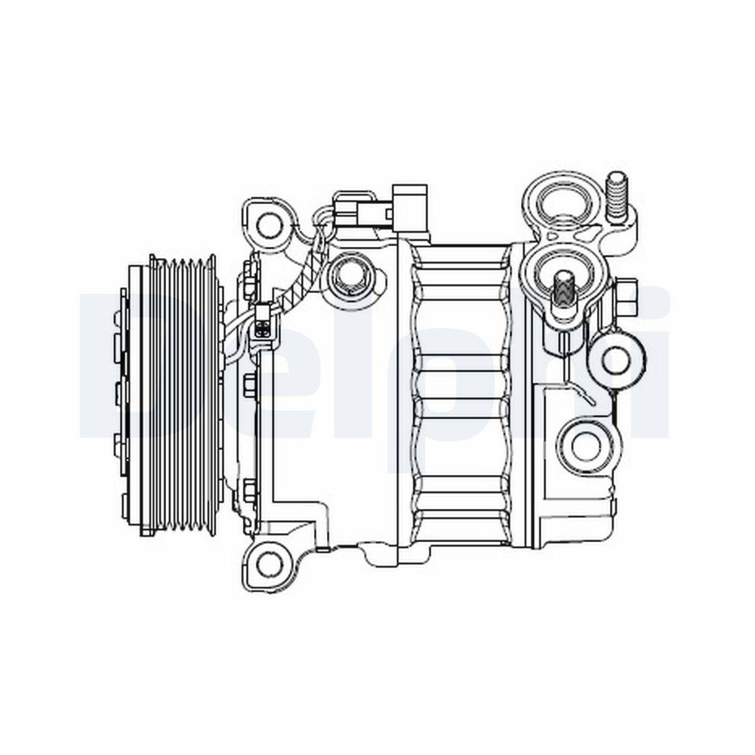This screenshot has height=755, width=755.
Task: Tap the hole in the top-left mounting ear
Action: pyautogui.click(x=269, y=223)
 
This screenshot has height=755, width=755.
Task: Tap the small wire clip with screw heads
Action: pyautogui.click(x=262, y=322)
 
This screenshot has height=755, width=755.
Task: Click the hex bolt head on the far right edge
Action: pyautogui.click(x=626, y=297)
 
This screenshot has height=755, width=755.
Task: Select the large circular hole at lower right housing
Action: pyautogui.click(x=586, y=446)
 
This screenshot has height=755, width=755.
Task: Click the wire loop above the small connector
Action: pyautogui.click(x=322, y=218)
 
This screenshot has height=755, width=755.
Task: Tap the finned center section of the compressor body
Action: pyautogui.click(x=461, y=393)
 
